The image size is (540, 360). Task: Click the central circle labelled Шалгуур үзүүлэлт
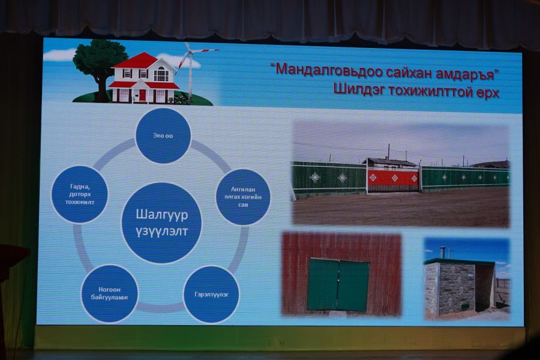pyautogui.click(x=161, y=223)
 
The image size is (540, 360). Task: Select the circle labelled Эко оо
pyautogui.click(x=163, y=136)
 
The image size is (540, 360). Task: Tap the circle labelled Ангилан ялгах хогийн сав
pyautogui.click(x=243, y=197)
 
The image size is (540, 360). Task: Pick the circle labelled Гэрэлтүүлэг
pyautogui.click(x=211, y=295)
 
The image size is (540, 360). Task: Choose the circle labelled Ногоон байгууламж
pyautogui.click(x=110, y=293)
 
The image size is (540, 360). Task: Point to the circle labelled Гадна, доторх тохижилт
pyautogui.click(x=80, y=194)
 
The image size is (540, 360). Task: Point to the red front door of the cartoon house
pyautogui.click(x=142, y=95)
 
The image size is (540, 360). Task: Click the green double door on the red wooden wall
pyautogui.click(x=338, y=284)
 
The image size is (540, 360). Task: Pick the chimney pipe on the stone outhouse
pyautogui.click(x=442, y=253)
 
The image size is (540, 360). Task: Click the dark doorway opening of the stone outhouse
pyautogui.click(x=484, y=287)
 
